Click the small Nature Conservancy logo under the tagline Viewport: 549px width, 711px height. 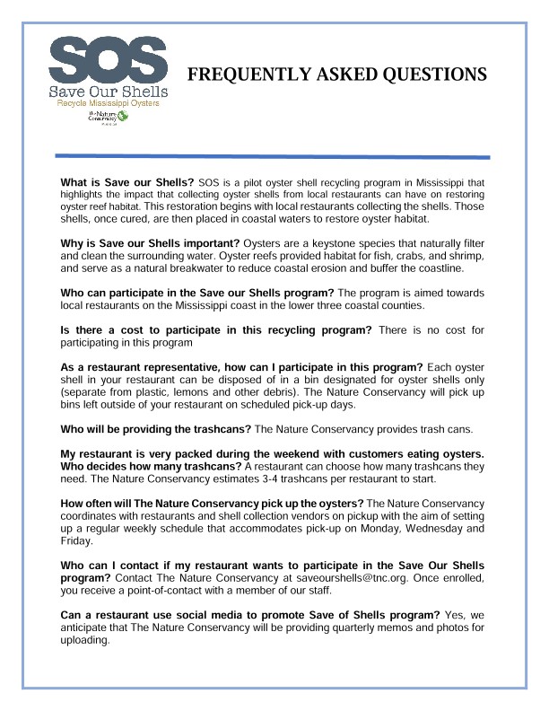point(107,120)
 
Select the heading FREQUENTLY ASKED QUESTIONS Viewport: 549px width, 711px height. point(336,74)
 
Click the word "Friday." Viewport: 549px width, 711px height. point(77,541)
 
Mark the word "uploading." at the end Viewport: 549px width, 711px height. point(84,642)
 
